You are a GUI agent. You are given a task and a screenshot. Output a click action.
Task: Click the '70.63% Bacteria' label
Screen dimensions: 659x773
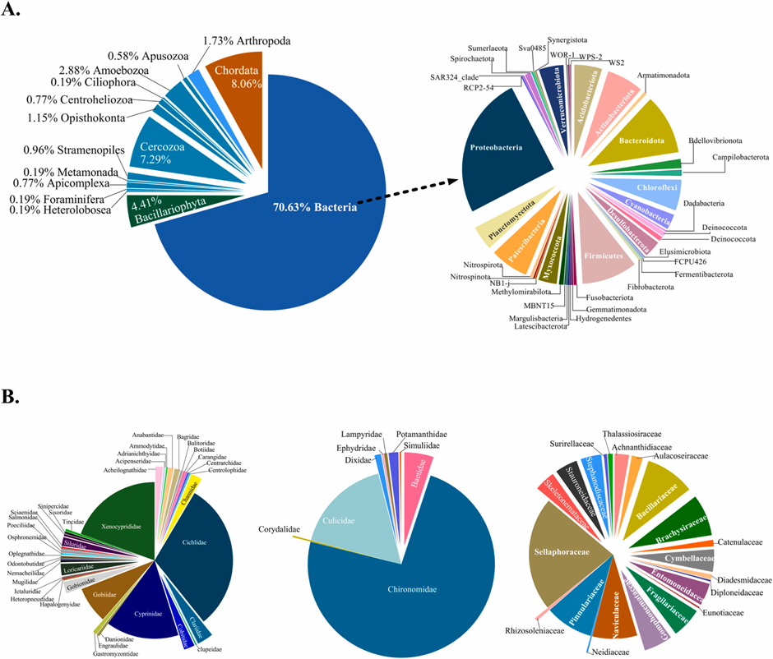[315, 208]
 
